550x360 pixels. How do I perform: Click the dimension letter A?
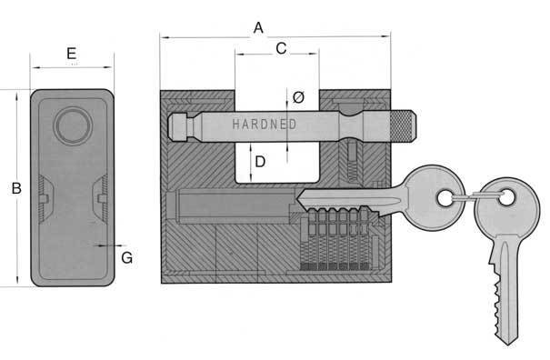point(258,28)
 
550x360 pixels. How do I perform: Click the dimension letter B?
point(15,189)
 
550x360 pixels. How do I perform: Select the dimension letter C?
point(281,49)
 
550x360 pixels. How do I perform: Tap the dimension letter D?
point(260,162)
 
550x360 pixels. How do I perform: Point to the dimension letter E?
point(72,54)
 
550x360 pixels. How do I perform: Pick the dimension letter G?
point(126,257)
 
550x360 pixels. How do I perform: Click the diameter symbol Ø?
point(298,95)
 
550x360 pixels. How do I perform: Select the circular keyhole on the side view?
point(71,125)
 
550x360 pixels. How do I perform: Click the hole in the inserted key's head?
point(445,196)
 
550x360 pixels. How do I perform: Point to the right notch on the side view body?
point(102,194)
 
